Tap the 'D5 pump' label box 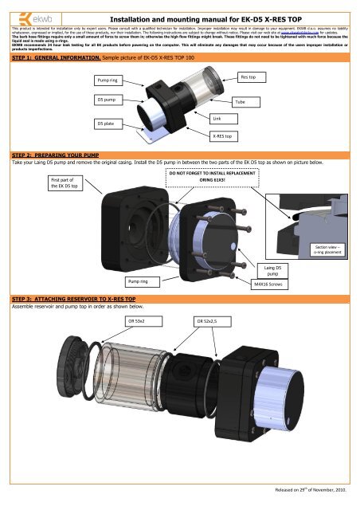[x=108, y=100]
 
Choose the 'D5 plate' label [x=106, y=124]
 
